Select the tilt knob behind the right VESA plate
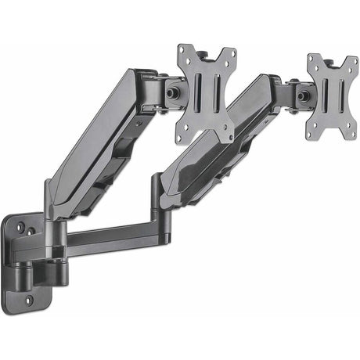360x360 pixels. coord(301,95)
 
